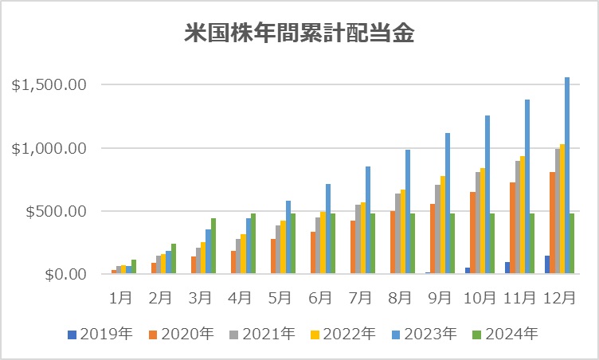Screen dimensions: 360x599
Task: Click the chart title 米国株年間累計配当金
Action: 300,34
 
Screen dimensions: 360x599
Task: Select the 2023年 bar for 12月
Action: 566,176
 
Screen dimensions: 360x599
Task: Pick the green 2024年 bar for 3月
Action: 213,246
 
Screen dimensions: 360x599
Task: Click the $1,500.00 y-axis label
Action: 49,85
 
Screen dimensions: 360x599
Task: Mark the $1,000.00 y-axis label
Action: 49,148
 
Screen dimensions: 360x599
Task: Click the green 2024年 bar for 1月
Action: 134,267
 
